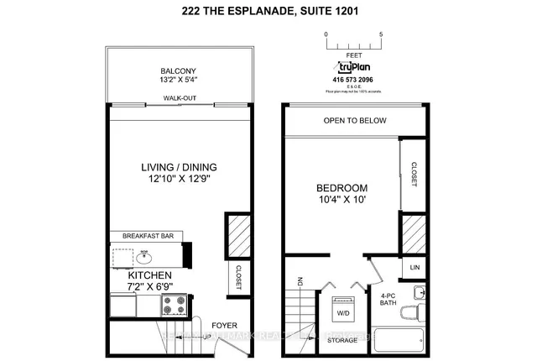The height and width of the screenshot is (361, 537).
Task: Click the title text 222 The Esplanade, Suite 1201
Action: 268,11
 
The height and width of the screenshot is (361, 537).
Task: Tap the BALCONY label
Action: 178,71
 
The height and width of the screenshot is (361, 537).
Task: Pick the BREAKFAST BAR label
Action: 147,236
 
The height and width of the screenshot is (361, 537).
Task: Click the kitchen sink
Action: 145,254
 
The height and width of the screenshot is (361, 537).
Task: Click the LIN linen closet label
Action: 414,267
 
